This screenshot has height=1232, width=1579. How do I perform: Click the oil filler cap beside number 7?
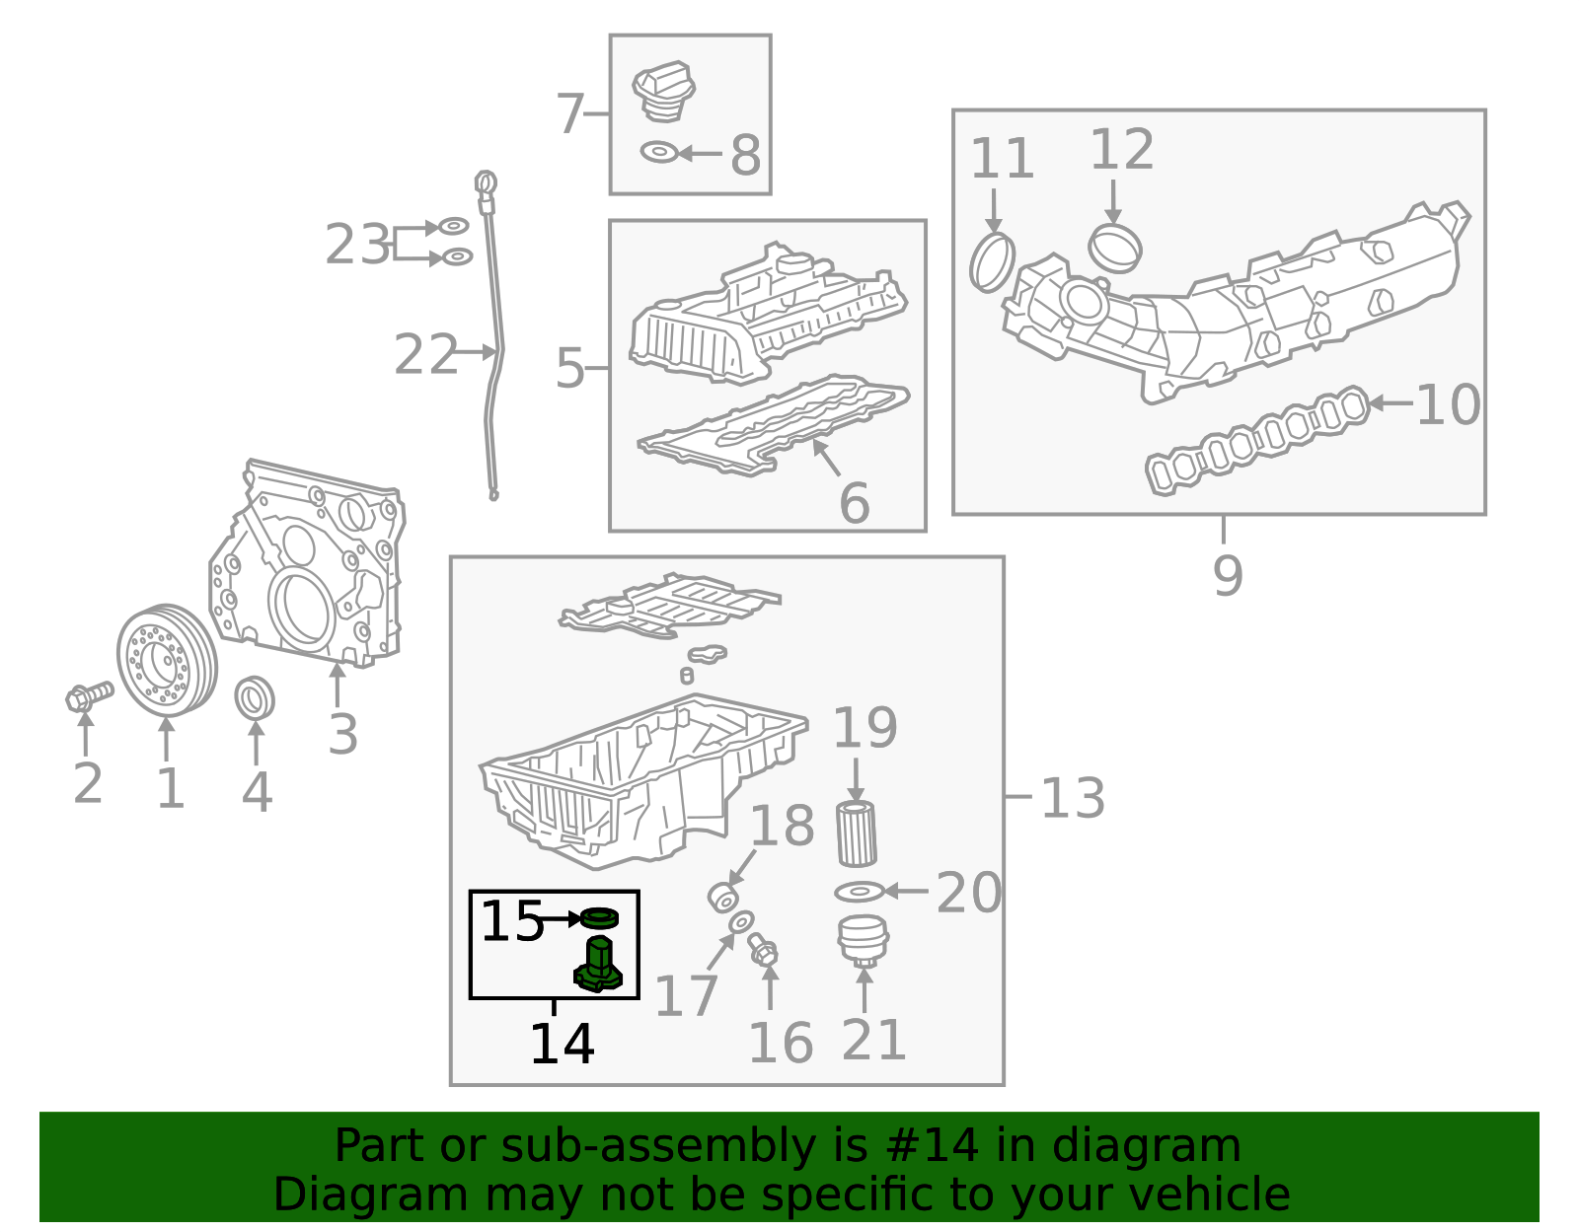[x=663, y=91]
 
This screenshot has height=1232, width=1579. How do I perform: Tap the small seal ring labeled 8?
[x=658, y=152]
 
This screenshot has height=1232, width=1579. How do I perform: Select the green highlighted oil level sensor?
[x=598, y=966]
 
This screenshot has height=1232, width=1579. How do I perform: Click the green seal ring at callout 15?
[x=599, y=918]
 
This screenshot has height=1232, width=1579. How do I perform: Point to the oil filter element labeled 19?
[x=856, y=833]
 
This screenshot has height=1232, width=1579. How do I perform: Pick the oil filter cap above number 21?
[x=863, y=941]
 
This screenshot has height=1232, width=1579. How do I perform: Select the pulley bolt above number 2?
[x=87, y=696]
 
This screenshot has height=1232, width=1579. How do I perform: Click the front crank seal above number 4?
[x=255, y=698]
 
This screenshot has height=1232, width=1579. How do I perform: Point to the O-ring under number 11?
[x=992, y=262]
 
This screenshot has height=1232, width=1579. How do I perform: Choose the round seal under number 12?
[x=1115, y=248]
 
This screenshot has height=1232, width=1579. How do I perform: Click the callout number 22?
[x=425, y=355]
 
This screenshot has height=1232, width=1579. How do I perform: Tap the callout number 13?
[x=1073, y=798]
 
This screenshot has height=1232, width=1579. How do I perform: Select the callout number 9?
[x=1228, y=575]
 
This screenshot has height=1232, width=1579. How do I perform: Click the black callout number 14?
[x=562, y=1045]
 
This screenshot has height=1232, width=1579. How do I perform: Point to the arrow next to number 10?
[x=1390, y=402]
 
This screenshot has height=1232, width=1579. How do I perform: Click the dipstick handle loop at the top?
[x=486, y=183]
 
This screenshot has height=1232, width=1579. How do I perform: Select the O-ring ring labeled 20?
[x=859, y=892]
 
